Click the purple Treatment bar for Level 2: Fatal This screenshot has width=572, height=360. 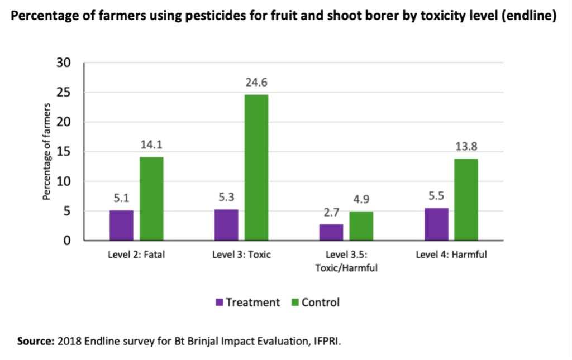point(121,225)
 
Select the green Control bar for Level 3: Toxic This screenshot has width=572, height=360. point(256,167)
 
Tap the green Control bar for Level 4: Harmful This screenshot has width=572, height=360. point(466,200)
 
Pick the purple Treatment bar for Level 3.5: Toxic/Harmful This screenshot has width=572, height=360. point(332,233)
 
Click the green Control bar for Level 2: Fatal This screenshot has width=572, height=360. point(151,199)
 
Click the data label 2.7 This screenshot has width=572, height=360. point(332,213)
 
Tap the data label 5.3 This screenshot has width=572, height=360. point(226,198)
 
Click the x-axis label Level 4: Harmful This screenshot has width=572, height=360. point(451,255)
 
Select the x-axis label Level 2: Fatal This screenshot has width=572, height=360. point(137,255)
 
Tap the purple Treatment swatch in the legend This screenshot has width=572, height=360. point(220,303)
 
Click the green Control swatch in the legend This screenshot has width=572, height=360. point(295,303)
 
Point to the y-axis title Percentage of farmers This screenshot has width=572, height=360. point(47,152)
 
